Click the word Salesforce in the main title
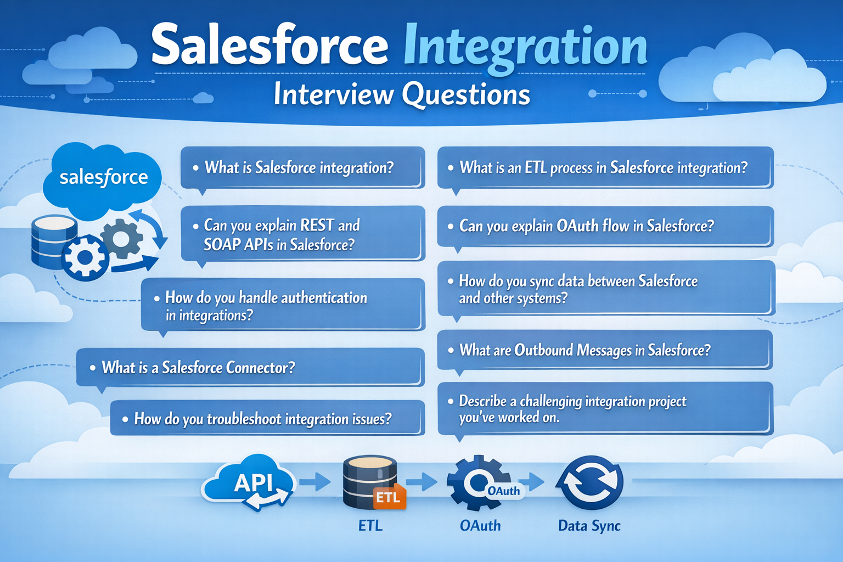coord(269,47)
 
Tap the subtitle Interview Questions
coord(401,94)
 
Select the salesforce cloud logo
coord(103,177)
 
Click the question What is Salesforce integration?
coord(299,167)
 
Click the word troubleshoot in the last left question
coord(244,419)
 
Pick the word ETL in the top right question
coord(536,167)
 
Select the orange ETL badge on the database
coord(389,497)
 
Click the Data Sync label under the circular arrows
coord(589,526)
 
